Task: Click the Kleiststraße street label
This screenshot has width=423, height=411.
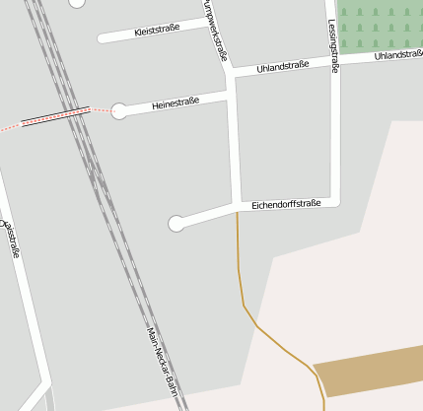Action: [157, 31]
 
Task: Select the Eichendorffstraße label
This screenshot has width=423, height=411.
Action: [287, 204]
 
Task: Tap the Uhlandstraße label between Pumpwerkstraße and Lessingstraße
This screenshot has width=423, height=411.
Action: [282, 66]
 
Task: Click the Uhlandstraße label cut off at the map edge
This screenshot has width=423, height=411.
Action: [398, 55]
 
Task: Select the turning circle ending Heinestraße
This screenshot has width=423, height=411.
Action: [119, 110]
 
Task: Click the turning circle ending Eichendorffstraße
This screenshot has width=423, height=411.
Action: [176, 224]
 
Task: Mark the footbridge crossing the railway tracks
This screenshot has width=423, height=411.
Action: [55, 115]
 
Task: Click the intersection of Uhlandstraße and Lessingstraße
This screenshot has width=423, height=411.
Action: [334, 62]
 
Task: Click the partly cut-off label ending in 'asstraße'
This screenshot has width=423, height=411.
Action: [13, 238]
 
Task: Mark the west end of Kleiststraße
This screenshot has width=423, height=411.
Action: [102, 39]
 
